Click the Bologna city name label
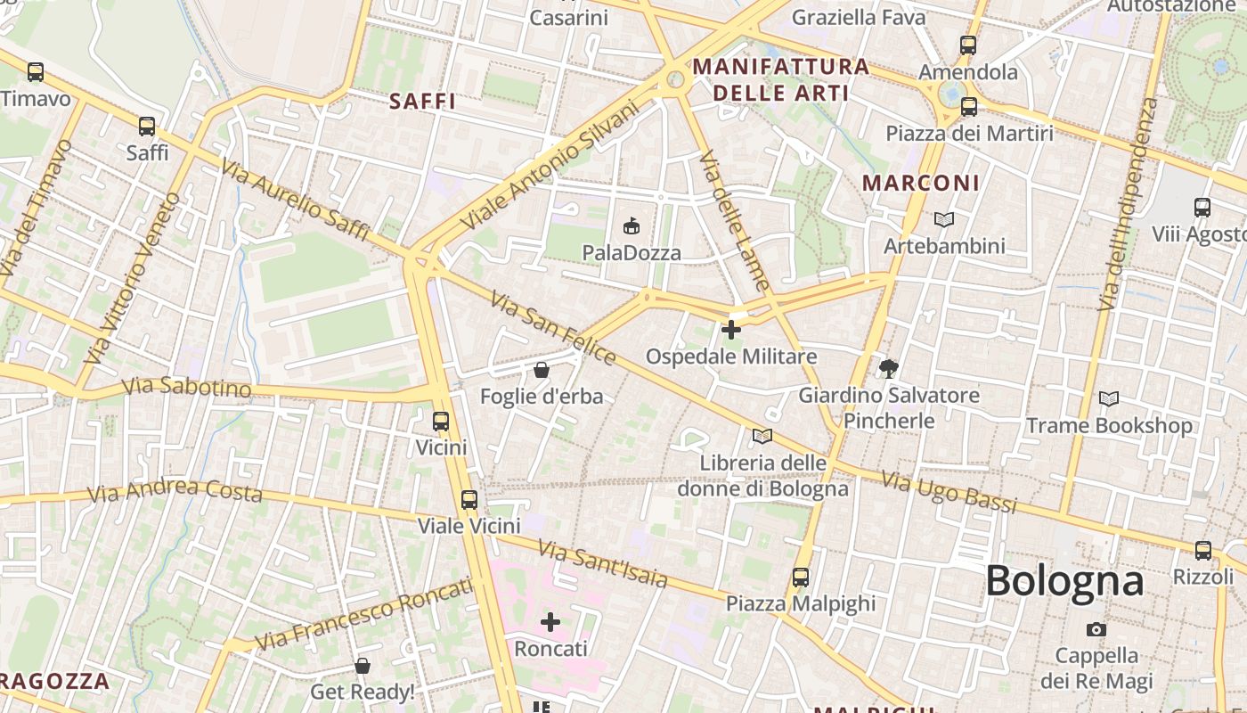pyautogui.click(x=1064, y=581)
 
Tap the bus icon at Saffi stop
pyautogui.click(x=147, y=127)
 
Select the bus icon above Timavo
pyautogui.click(x=36, y=72)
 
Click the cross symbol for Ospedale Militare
pyautogui.click(x=731, y=330)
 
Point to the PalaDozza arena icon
pyautogui.click(x=632, y=225)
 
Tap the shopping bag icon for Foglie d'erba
pyautogui.click(x=541, y=369)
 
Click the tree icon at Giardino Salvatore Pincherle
pyautogui.click(x=888, y=368)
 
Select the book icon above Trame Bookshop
pyautogui.click(x=1109, y=398)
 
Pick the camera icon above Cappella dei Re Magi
pyautogui.click(x=1096, y=629)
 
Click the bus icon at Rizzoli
pyautogui.click(x=1203, y=550)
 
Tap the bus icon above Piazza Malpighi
pyautogui.click(x=801, y=577)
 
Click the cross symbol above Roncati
pyautogui.click(x=550, y=621)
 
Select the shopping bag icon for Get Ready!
pyautogui.click(x=363, y=665)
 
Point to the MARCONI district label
pyautogui.click(x=921, y=183)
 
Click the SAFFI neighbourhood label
pyautogui.click(x=423, y=102)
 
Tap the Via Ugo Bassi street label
pyautogui.click(x=949, y=492)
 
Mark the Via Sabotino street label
pyautogui.click(x=187, y=388)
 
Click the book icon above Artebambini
pyautogui.click(x=944, y=219)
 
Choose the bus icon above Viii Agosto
pyautogui.click(x=1202, y=208)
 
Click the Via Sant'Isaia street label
pyautogui.click(x=603, y=565)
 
